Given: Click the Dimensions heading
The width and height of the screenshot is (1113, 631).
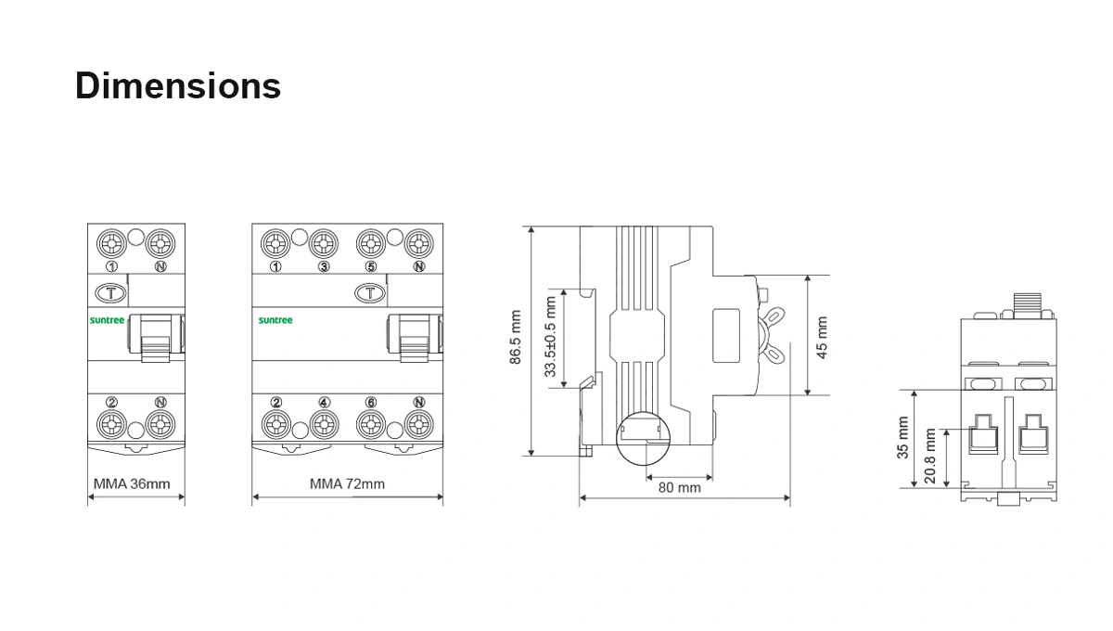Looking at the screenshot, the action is tap(178, 86).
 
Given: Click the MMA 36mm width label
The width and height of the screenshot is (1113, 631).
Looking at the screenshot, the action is tap(132, 483).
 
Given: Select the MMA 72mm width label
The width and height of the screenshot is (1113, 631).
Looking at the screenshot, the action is tap(347, 483).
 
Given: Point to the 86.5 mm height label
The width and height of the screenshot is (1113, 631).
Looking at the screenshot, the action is tap(516, 337).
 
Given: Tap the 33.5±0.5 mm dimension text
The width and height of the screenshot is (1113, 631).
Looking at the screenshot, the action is tap(550, 337).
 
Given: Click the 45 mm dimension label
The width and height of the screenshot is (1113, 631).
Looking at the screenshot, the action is tap(823, 338).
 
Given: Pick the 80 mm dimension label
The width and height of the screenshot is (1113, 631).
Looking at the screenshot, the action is tap(680, 488).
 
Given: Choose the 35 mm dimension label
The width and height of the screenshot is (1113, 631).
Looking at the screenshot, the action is tap(902, 438).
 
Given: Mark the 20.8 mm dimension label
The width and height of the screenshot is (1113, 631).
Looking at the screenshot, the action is tap(930, 456).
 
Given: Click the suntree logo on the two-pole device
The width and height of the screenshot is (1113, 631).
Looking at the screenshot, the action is tap(107, 320).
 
